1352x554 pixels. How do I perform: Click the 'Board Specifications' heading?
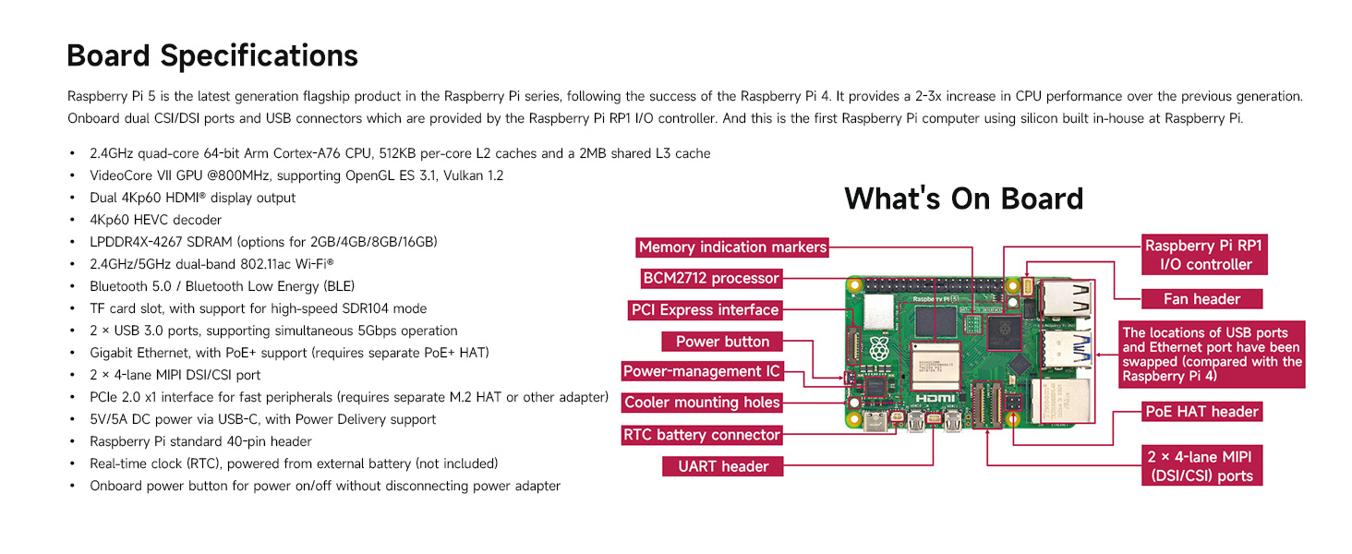212,55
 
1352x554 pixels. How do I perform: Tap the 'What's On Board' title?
963,199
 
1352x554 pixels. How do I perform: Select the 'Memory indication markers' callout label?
732,247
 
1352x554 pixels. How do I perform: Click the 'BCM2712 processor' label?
711,278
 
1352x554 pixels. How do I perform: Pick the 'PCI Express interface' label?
706,310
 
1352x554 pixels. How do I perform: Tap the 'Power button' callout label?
722,342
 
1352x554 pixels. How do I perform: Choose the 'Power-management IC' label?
702,372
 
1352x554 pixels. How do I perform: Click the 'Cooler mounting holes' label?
702,403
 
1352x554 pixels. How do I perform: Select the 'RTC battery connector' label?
702,435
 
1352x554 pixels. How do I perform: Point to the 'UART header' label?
722,466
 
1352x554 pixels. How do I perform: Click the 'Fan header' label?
1201,299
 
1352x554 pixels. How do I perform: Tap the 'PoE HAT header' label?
1201,412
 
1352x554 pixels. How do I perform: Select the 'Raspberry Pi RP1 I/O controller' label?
1204,255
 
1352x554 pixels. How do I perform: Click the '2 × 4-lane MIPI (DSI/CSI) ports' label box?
1201,466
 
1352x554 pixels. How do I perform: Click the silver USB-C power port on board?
875,423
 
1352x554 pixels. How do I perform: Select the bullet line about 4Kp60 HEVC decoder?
155,220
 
